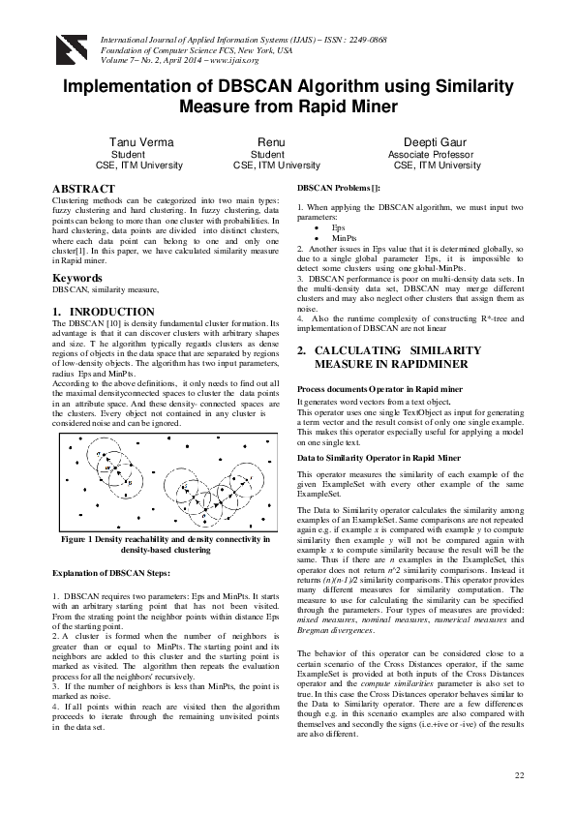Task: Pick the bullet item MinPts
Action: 345,236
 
